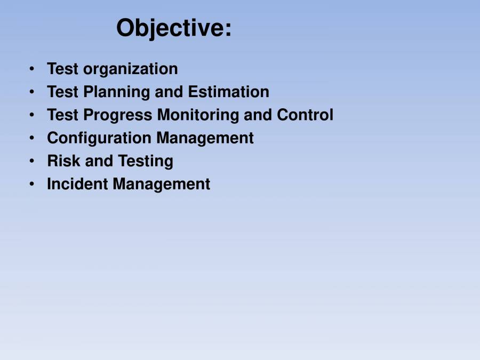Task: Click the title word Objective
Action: [x=174, y=28]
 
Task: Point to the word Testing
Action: [x=146, y=161]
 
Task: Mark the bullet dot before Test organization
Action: [x=33, y=69]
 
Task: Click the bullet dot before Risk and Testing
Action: [x=33, y=161]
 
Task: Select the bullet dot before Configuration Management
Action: [x=33, y=138]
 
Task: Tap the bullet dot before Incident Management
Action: [x=33, y=183]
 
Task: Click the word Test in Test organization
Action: [x=63, y=69]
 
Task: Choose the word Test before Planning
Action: [x=63, y=92]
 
